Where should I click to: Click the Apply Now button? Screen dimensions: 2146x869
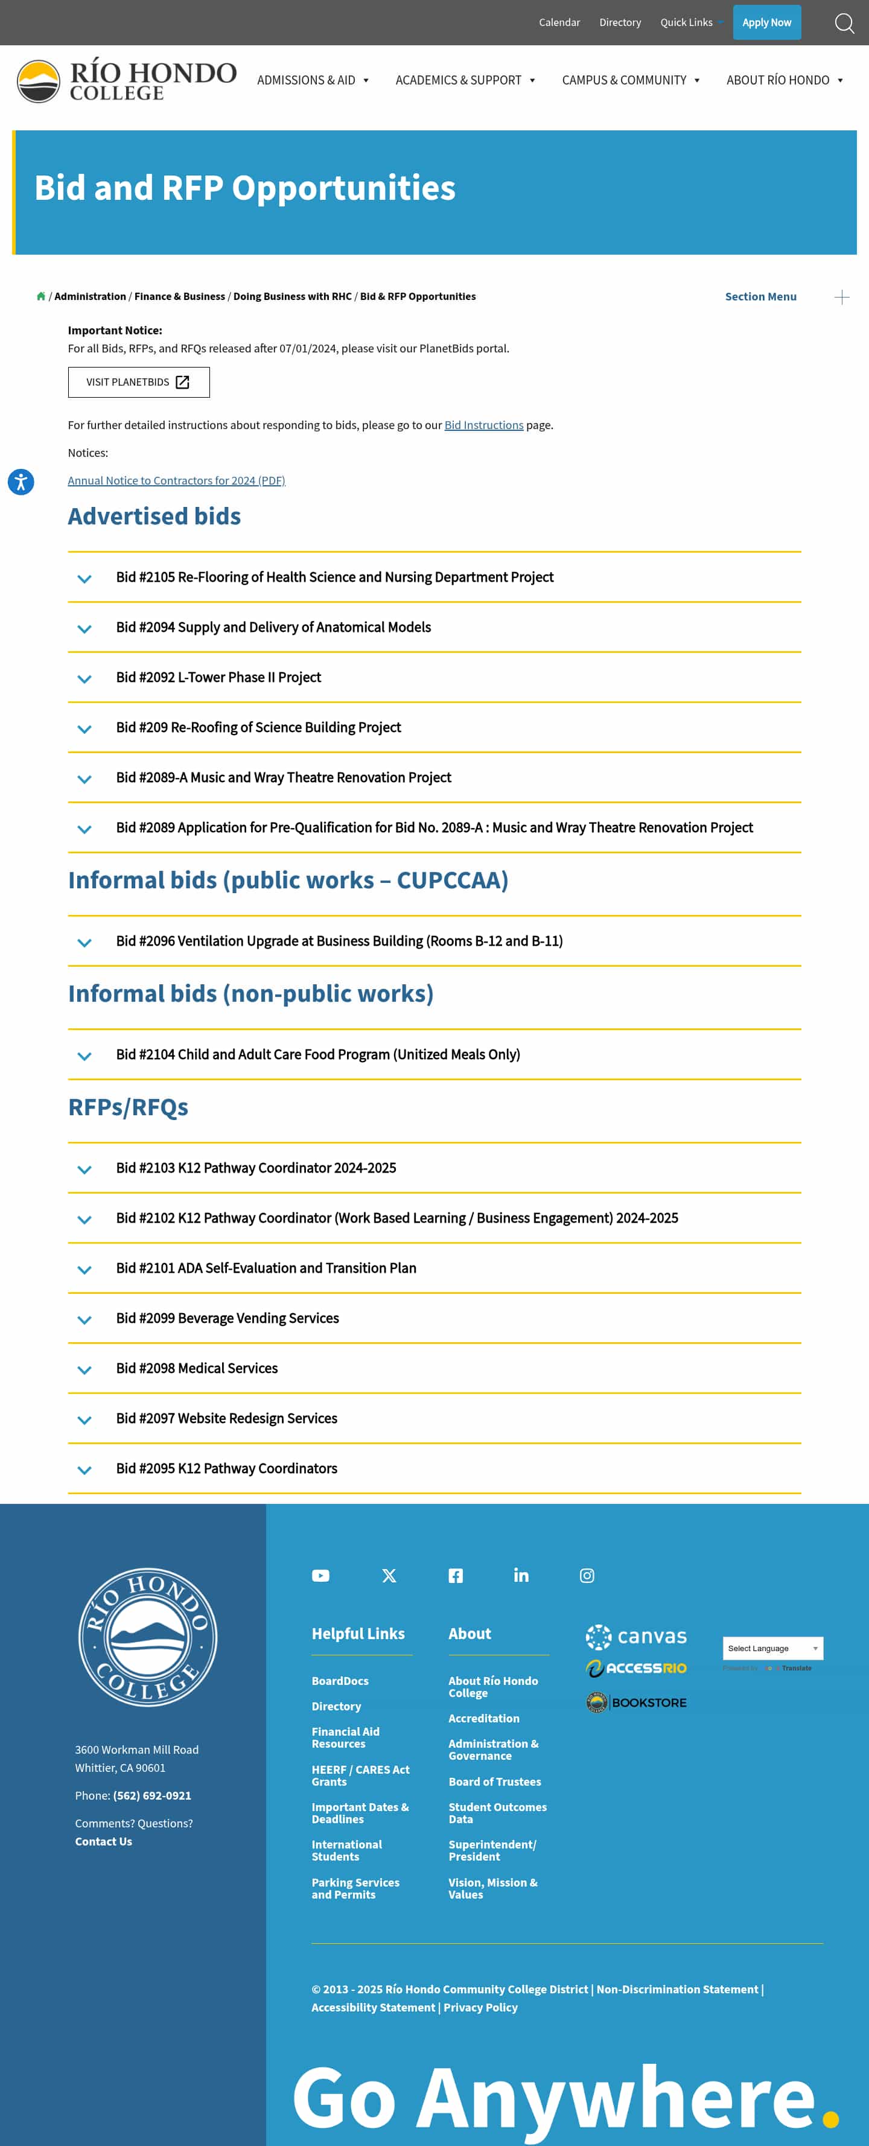[766, 22]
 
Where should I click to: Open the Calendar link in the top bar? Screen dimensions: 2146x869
[559, 22]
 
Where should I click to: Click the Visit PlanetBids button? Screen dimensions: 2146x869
[138, 383]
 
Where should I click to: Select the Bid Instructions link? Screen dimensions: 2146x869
[483, 425]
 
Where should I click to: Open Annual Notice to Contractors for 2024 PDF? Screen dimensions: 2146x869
[176, 481]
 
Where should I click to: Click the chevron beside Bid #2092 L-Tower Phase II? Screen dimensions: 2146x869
[84, 679]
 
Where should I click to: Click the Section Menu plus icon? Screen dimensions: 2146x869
[841, 298]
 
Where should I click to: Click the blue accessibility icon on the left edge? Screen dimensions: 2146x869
[21, 482]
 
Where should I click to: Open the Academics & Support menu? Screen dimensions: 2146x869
[465, 80]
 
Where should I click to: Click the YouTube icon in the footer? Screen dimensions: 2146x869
[321, 1575]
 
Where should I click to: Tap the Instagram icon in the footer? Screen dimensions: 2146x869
[587, 1575]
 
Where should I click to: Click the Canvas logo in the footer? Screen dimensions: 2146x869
[635, 1636]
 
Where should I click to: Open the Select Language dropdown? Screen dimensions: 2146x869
[772, 1648]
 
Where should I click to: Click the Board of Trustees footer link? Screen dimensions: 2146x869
[494, 1781]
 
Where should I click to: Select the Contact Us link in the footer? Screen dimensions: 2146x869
[103, 1841]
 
